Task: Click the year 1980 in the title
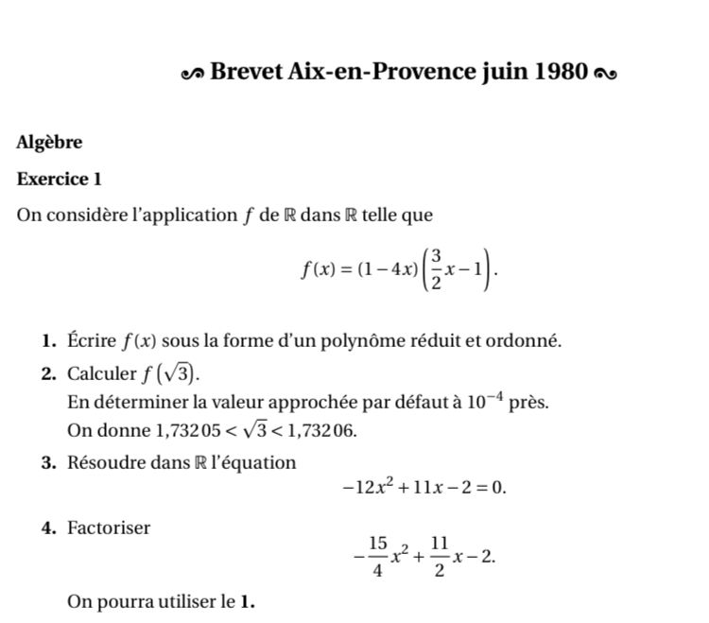[562, 72]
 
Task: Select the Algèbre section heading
[49, 143]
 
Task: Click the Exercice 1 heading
[59, 179]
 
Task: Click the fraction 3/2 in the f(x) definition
[436, 271]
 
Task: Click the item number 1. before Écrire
[50, 340]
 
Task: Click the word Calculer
[102, 372]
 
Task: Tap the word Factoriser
[109, 528]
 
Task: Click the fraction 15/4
[378, 557]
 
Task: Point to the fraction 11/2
[439, 557]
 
